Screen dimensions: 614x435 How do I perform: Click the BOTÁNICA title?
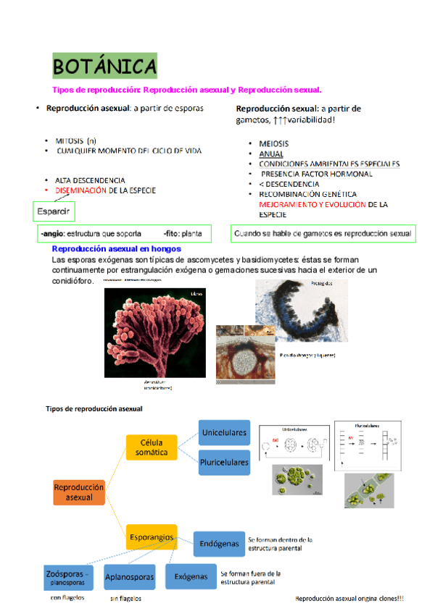(x=104, y=68)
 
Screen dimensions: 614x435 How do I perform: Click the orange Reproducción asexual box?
(x=79, y=492)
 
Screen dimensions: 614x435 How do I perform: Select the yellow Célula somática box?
(x=152, y=447)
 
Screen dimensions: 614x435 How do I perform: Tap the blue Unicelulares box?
(x=224, y=433)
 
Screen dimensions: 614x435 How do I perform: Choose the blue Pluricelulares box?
(x=224, y=461)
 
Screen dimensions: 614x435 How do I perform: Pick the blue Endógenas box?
(x=218, y=543)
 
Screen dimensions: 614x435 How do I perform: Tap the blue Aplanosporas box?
(x=130, y=577)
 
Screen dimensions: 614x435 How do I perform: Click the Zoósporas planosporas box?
(x=67, y=577)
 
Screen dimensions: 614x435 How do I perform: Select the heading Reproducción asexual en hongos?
(x=116, y=248)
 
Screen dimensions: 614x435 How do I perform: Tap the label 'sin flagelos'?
(x=125, y=599)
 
